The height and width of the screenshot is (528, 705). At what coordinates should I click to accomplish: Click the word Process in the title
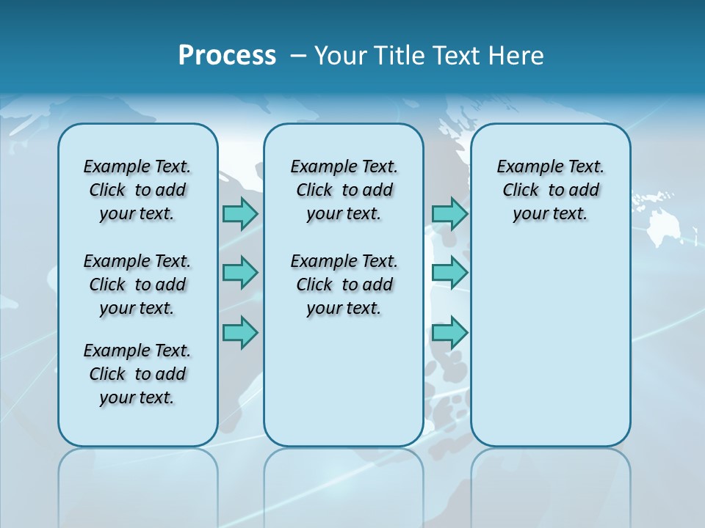pyautogui.click(x=227, y=56)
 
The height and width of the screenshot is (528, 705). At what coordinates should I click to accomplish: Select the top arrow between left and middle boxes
pyautogui.click(x=240, y=213)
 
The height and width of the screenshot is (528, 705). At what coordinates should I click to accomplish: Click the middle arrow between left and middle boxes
pyautogui.click(x=240, y=273)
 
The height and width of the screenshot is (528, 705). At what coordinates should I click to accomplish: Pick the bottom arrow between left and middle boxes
pyautogui.click(x=240, y=333)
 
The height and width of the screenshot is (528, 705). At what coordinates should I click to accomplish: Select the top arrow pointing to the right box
pyautogui.click(x=449, y=213)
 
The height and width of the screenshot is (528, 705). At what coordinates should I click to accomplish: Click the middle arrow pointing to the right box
pyautogui.click(x=449, y=273)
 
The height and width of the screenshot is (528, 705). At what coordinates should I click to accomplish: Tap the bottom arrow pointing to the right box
pyautogui.click(x=449, y=333)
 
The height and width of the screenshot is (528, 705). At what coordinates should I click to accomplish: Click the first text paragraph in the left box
pyautogui.click(x=137, y=190)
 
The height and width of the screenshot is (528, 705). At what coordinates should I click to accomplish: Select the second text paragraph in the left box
pyautogui.click(x=137, y=285)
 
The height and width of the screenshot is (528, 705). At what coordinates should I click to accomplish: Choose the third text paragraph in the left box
pyautogui.click(x=137, y=374)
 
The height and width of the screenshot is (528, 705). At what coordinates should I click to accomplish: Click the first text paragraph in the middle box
pyautogui.click(x=344, y=190)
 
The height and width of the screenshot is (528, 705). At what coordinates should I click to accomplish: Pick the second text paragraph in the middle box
pyautogui.click(x=344, y=285)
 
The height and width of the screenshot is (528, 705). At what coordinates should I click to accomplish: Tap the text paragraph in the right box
pyautogui.click(x=550, y=190)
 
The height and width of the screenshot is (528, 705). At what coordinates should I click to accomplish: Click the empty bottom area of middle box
pyautogui.click(x=344, y=389)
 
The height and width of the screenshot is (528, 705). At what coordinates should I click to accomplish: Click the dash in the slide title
pyautogui.click(x=298, y=56)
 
